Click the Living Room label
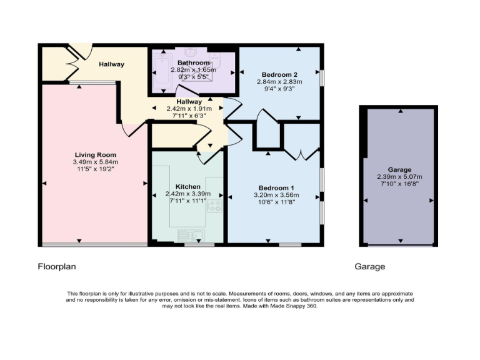click(x=95, y=154)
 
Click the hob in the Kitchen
click(x=216, y=206)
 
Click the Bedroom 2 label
click(x=279, y=74)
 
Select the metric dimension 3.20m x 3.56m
click(x=276, y=195)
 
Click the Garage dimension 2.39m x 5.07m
click(x=399, y=177)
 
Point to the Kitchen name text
click(x=187, y=187)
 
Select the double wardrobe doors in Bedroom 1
click(x=302, y=151)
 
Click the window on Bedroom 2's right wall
click(x=322, y=77)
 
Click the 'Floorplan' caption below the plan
click(x=57, y=266)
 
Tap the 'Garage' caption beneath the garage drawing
click(x=370, y=266)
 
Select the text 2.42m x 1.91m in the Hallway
click(x=189, y=108)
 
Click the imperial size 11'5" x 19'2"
click(x=95, y=169)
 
